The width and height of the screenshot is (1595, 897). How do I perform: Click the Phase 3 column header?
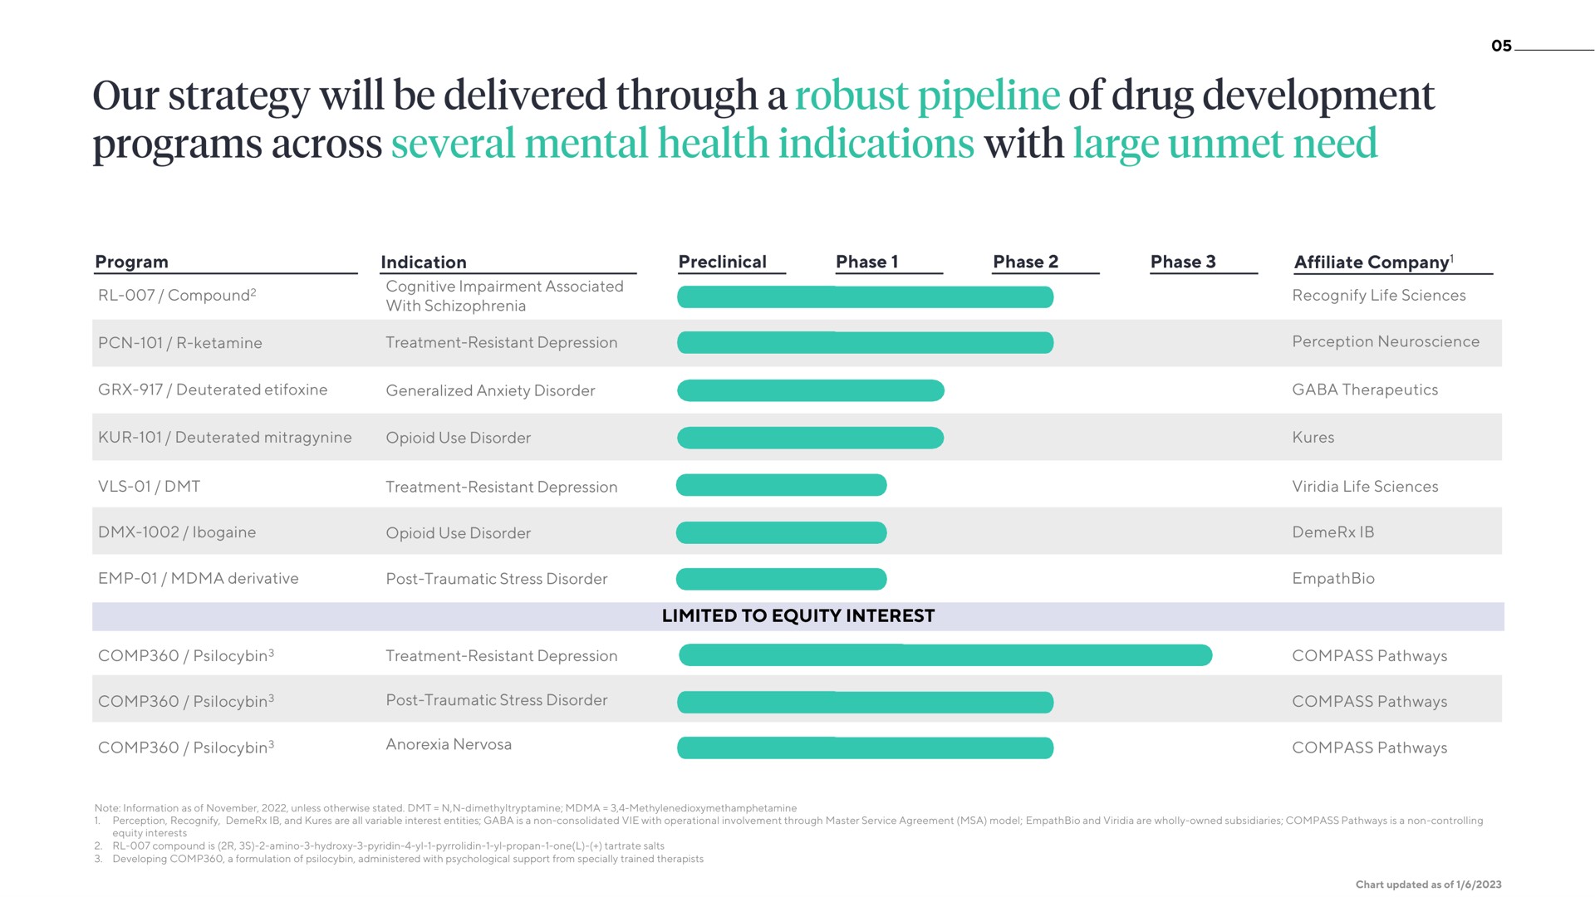click(1183, 262)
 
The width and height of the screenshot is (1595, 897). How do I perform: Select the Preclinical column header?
click(722, 262)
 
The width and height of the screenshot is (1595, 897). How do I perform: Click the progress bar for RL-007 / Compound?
click(865, 297)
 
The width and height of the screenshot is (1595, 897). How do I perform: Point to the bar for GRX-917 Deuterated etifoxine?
click(811, 390)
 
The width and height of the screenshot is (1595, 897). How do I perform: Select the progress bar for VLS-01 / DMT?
click(782, 485)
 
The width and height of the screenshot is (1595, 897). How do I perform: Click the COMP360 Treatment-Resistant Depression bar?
click(945, 655)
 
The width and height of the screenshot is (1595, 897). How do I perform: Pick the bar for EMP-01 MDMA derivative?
click(782, 579)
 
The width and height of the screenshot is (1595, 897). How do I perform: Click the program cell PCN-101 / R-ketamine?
click(180, 343)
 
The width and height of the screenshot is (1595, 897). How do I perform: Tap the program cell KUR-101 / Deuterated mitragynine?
click(225, 438)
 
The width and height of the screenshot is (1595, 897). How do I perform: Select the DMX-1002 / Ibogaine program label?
click(177, 532)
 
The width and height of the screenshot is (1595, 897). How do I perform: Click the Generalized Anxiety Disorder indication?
click(490, 390)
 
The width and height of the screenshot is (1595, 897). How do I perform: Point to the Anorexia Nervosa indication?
click(449, 744)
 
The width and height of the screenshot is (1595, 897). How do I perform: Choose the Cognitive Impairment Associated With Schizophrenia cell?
click(504, 296)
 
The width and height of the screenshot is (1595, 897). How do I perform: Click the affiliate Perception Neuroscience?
click(1386, 341)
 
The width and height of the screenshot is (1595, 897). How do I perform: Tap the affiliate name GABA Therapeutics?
click(1365, 390)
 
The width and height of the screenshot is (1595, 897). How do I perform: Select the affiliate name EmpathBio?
click(1333, 578)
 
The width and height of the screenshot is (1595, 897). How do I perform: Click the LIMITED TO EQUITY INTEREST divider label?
click(798, 615)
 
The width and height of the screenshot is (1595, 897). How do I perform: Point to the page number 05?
click(1501, 46)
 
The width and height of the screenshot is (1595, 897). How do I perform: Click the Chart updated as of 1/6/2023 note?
click(1429, 885)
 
